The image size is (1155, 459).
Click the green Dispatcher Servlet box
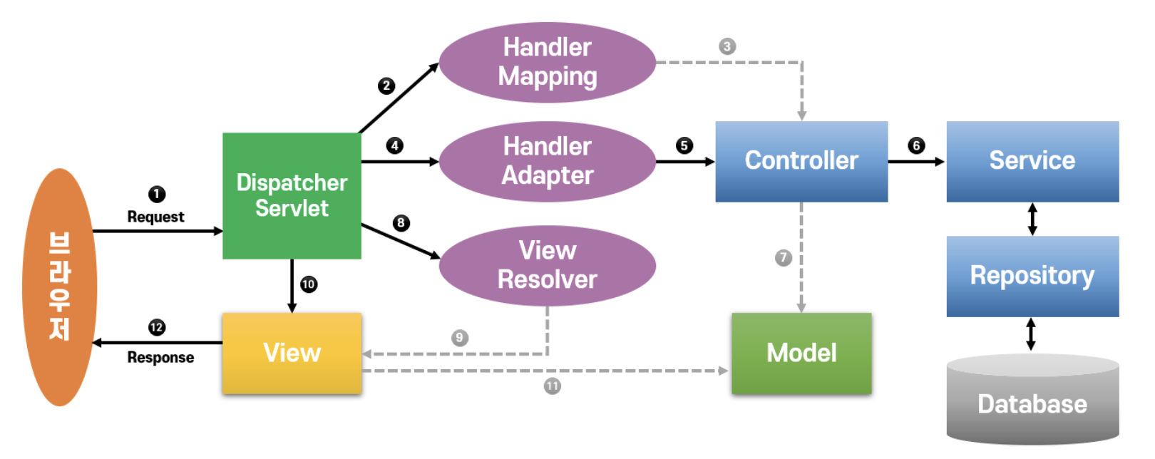pos(292,195)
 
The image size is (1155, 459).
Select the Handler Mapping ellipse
pos(547,62)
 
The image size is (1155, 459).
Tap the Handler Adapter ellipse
pos(547,161)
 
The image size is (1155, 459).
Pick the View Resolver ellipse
pos(547,265)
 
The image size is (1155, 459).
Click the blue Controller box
pos(801,161)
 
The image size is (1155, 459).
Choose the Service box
pos(1032,161)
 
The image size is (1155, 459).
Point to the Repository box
pos(1032,276)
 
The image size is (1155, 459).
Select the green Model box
pos(801,353)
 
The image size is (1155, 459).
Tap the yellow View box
pos(292,353)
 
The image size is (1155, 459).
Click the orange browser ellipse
pos(59,287)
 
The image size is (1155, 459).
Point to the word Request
pos(155,217)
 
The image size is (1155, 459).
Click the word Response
pos(160,357)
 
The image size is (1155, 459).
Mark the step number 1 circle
pos(157,194)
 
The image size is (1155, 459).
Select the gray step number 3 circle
pos(727,46)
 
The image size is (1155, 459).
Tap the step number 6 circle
pos(916,145)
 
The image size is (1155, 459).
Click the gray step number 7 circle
pos(783,257)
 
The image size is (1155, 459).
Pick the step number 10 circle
pos(308,284)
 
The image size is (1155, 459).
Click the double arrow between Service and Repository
pos(1032,220)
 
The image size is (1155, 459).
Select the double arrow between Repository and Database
pos(1030,334)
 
